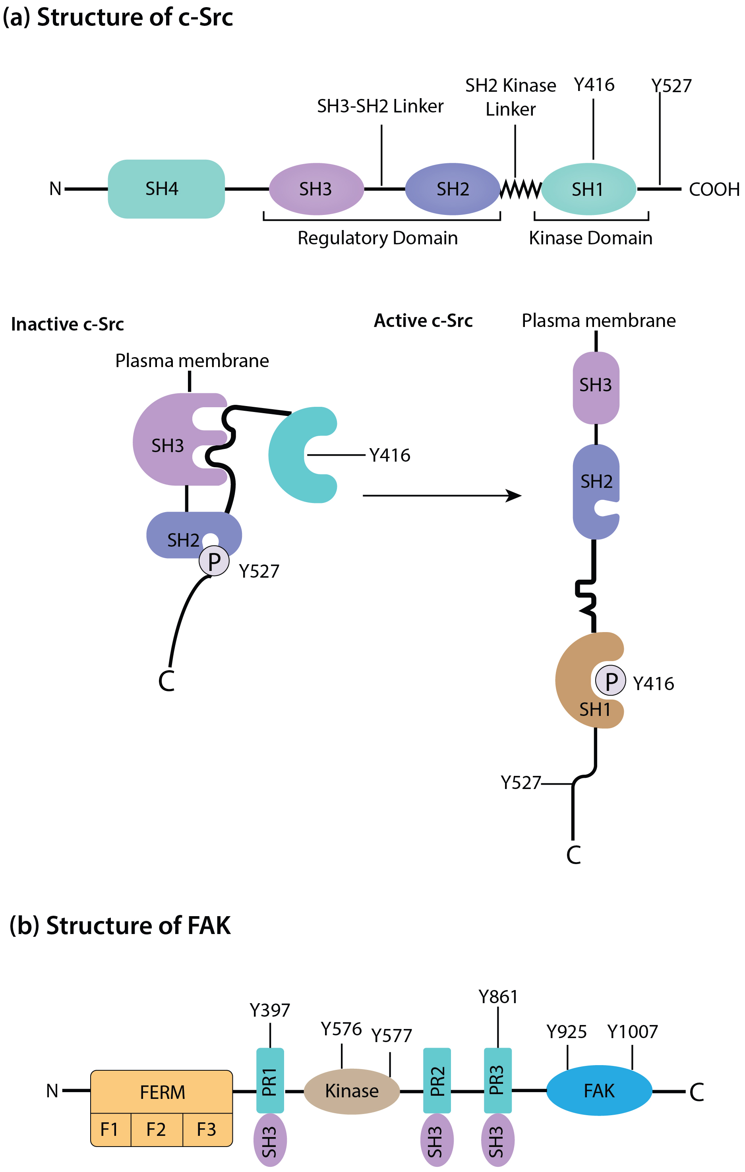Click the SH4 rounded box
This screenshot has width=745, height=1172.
point(166,189)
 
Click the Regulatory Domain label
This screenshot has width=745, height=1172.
point(377,238)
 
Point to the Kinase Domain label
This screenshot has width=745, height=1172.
point(590,238)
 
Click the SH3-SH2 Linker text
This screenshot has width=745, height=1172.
point(380,106)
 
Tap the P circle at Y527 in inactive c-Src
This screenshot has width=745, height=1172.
point(214,561)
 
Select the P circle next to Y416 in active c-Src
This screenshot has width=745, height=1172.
point(611,681)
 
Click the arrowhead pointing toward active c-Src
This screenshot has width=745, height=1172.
point(514,495)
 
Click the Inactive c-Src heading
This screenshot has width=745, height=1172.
point(68,324)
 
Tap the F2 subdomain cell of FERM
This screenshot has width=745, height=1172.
point(156,1129)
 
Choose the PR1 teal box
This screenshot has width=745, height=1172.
point(270,1081)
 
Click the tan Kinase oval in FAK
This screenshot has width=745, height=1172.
point(352,1091)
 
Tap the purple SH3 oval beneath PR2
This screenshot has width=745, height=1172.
point(437,1140)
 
